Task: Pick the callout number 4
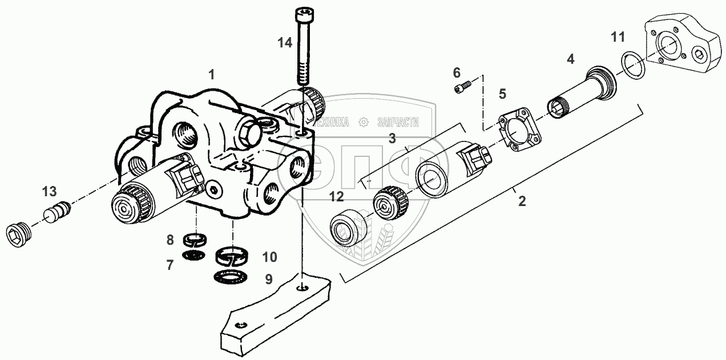[570, 59]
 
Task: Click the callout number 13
[50, 191]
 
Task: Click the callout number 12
[336, 197]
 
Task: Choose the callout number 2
[521, 201]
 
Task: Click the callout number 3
[392, 138]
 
